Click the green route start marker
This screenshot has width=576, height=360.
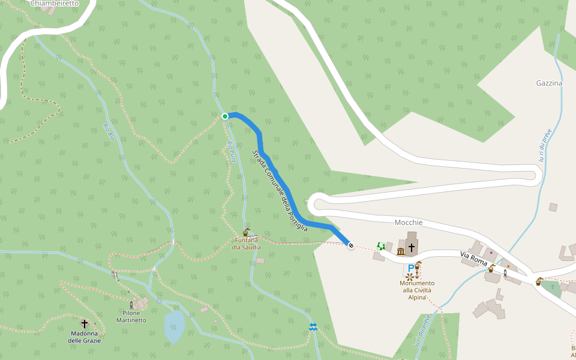pyautogui.click(x=225, y=116)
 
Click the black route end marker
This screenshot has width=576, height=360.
pyautogui.click(x=351, y=246)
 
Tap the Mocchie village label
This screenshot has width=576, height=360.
pyautogui.click(x=409, y=223)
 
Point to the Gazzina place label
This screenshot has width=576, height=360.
pyautogui.click(x=549, y=83)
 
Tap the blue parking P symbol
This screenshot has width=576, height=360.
pyautogui.click(x=411, y=268)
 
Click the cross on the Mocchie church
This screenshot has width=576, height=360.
pyautogui.click(x=412, y=247)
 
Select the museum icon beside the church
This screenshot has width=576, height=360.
pyautogui.click(x=401, y=251)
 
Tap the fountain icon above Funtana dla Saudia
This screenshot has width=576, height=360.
pyautogui.click(x=247, y=232)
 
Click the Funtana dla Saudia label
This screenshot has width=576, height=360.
pyautogui.click(x=247, y=244)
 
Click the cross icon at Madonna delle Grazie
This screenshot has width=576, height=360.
pyautogui.click(x=85, y=324)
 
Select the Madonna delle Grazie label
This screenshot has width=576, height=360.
pyautogui.click(x=85, y=337)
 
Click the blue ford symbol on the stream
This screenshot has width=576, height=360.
pyautogui.click(x=313, y=326)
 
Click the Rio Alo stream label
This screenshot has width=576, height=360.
pyautogui.click(x=109, y=132)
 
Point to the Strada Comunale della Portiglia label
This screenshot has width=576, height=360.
pyautogui.click(x=280, y=191)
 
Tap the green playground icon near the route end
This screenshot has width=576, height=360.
pyautogui.click(x=380, y=245)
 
